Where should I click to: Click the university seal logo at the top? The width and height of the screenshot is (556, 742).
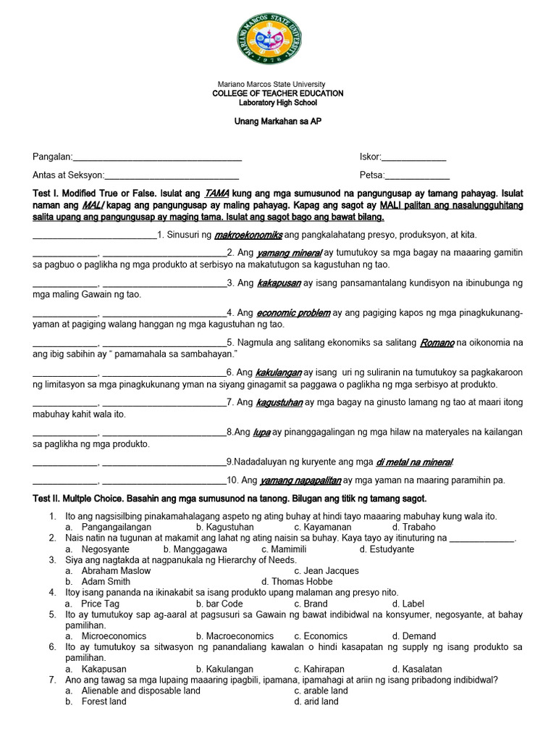[277, 41]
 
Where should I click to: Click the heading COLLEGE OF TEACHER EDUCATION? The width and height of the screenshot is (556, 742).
[277, 93]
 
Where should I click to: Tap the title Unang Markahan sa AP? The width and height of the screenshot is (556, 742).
[277, 121]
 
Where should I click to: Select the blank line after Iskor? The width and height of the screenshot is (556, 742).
[413, 157]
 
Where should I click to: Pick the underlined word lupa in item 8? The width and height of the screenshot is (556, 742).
[261, 432]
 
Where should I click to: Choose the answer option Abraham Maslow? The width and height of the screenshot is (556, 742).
[116, 571]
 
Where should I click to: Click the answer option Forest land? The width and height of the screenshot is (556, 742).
[104, 701]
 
